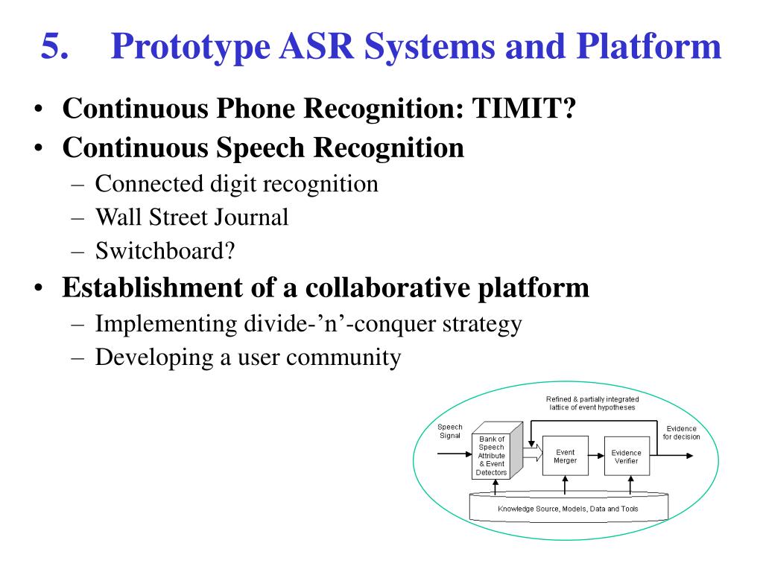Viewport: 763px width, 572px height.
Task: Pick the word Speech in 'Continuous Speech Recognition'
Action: point(261,147)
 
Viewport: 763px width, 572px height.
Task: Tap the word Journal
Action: point(249,217)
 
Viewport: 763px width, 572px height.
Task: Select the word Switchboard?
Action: point(165,251)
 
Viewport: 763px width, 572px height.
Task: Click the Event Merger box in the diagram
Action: point(565,456)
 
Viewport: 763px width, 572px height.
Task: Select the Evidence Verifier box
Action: point(626,457)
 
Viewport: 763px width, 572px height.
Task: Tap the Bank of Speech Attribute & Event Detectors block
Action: point(491,456)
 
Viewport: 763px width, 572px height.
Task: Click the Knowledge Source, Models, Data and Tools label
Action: point(568,509)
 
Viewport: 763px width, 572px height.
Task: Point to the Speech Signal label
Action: point(449,431)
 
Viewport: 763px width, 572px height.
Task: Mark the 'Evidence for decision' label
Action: point(681,433)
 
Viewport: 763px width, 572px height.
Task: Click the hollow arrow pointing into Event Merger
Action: point(531,451)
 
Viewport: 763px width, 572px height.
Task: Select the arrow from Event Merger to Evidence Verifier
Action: point(596,456)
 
